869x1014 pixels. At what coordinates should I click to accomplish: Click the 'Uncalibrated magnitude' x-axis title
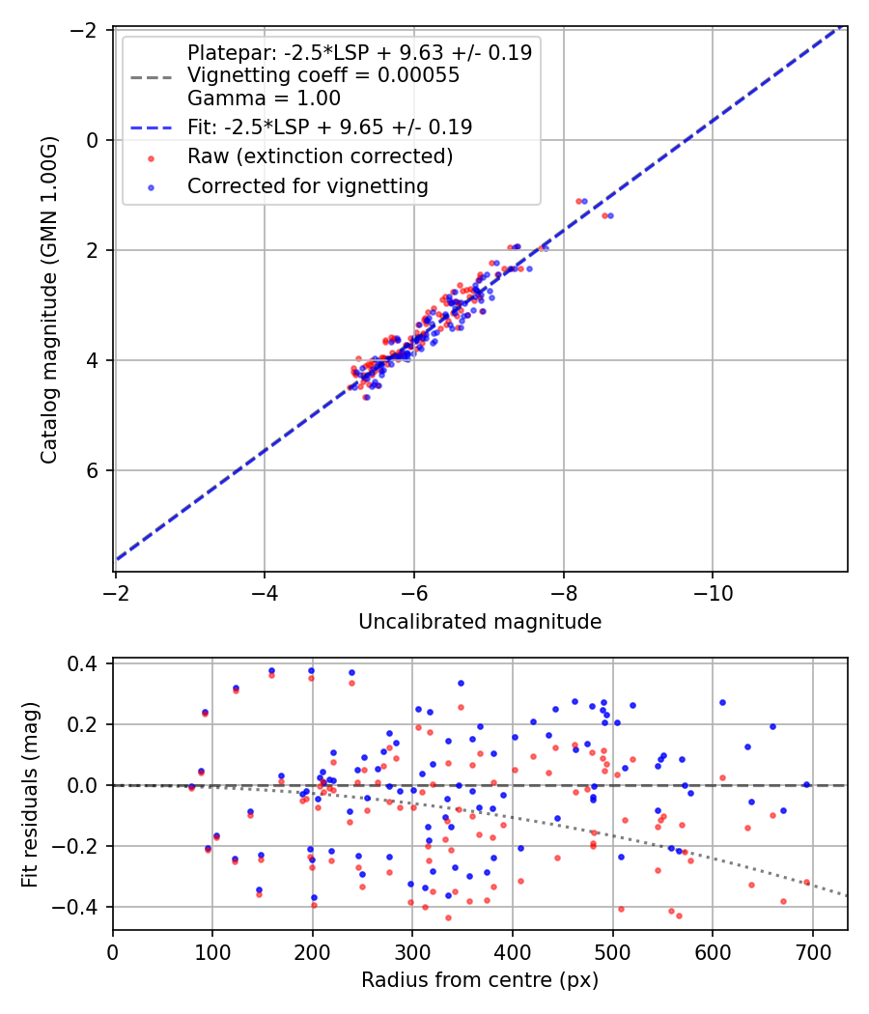[480, 622]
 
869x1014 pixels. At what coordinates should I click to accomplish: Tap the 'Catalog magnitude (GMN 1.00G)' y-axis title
[49, 299]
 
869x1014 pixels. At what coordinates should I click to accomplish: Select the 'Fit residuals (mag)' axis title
[30, 794]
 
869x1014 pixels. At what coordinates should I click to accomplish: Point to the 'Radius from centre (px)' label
[480, 980]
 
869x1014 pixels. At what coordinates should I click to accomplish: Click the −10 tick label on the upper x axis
[713, 592]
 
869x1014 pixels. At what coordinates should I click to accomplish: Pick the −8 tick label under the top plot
[563, 592]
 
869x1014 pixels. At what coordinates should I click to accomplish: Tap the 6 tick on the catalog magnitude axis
[92, 470]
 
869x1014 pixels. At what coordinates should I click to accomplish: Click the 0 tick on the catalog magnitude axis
[92, 140]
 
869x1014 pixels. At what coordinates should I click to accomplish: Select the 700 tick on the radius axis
[812, 952]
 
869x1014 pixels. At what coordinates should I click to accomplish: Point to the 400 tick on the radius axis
[513, 952]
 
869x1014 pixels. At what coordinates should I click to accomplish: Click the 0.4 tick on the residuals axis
[82, 663]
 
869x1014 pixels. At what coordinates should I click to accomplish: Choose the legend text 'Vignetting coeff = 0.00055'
[323, 75]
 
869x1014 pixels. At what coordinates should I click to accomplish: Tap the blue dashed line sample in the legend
[152, 128]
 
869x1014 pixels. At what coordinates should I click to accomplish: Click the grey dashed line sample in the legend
[152, 77]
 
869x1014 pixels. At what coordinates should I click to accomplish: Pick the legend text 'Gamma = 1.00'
[264, 99]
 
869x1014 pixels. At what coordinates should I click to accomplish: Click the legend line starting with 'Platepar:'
[359, 52]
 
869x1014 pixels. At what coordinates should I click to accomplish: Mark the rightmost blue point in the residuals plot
[806, 784]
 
